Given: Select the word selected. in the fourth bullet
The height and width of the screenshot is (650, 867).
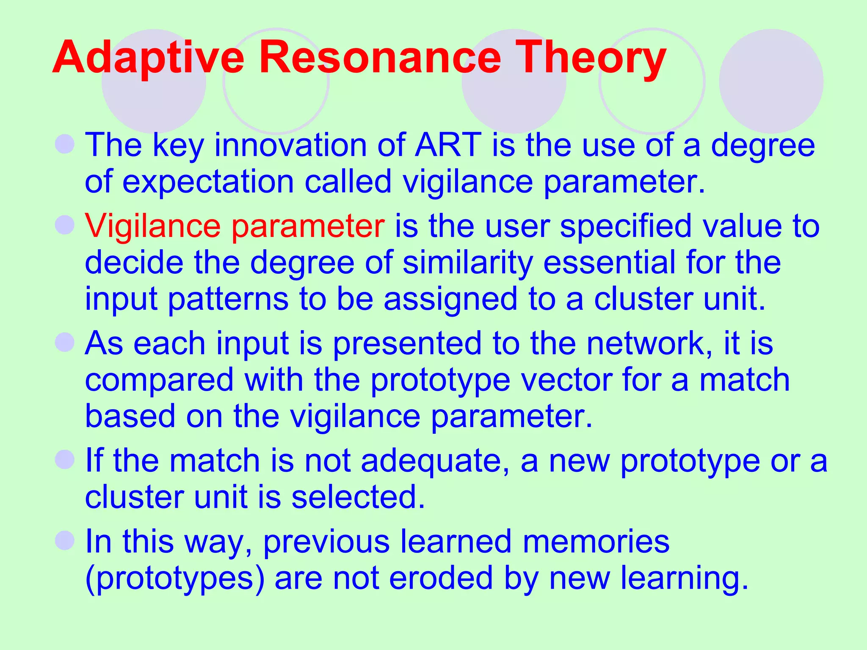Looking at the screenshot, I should pos(358,497).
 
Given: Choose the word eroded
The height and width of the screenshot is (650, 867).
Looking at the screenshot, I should pos(441,578).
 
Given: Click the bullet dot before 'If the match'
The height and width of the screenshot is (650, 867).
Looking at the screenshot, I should pos(65,459).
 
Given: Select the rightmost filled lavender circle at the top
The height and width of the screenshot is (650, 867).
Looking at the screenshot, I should pos(771,81).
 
